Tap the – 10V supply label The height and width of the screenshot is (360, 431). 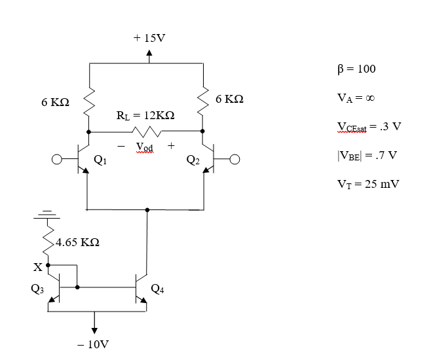click(93, 344)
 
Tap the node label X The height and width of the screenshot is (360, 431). click(38, 267)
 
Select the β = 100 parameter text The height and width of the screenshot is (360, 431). click(358, 69)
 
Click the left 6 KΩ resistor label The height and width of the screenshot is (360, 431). click(55, 103)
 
